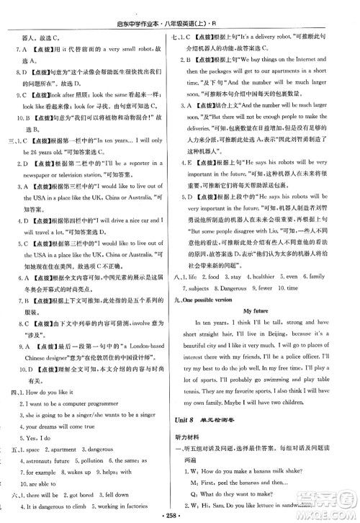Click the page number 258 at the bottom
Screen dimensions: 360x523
[x=180, y=516]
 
